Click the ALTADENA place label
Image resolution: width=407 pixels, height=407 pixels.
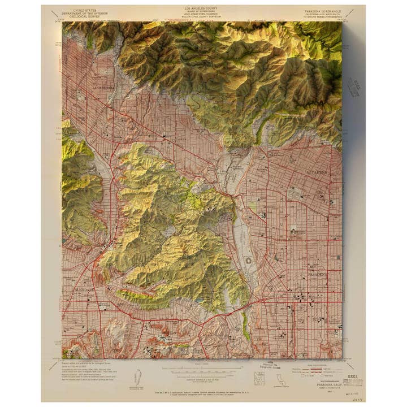(317, 170)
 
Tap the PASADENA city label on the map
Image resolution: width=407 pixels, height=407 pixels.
(317, 275)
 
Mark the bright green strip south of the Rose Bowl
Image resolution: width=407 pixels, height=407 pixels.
(246, 326)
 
